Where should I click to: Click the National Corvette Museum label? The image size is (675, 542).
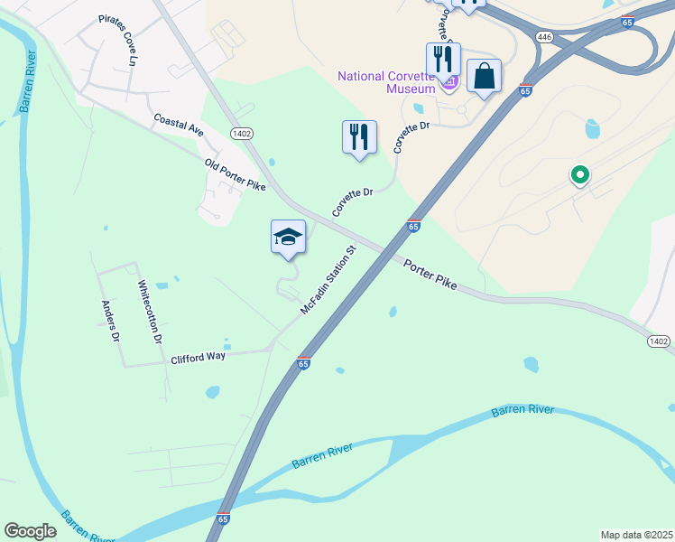click(387, 81)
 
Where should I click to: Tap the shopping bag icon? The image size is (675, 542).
click(485, 77)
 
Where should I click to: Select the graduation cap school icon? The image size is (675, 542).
click(288, 237)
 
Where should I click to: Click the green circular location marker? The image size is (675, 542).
click(580, 174)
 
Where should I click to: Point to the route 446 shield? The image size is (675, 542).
click(543, 37)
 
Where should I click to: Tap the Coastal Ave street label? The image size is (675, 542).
click(179, 125)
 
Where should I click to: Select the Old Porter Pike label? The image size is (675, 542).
click(236, 175)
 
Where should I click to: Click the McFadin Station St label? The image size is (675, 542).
click(330, 279)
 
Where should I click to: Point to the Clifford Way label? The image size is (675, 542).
click(198, 358)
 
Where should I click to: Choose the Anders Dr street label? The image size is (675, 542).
click(111, 321)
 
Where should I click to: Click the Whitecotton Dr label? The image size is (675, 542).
click(149, 312)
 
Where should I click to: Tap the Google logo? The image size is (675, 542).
click(31, 531)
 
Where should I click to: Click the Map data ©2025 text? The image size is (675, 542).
click(636, 535)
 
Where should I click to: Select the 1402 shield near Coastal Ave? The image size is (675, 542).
click(241, 133)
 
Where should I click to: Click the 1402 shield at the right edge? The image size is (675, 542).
click(659, 341)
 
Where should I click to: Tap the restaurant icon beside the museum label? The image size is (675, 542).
click(443, 60)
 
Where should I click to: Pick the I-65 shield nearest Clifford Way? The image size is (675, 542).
click(303, 363)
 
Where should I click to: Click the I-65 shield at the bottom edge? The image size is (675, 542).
click(223, 519)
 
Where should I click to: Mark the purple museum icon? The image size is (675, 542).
click(449, 83)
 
